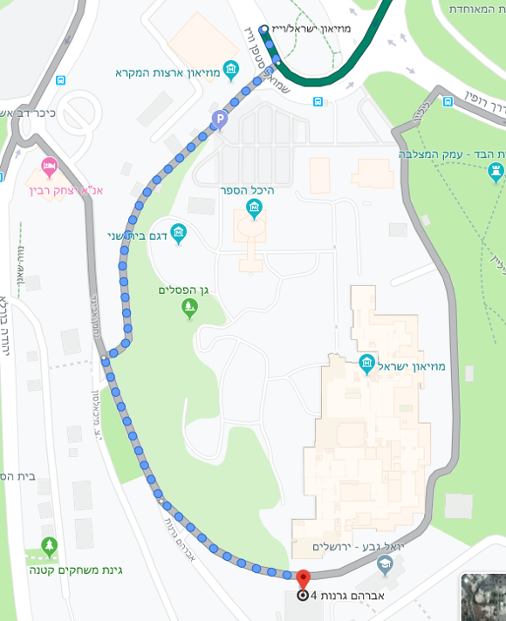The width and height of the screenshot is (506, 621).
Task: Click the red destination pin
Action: click(x=303, y=577)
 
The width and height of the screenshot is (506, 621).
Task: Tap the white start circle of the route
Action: click(x=263, y=29)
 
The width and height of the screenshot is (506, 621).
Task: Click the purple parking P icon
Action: click(x=219, y=119)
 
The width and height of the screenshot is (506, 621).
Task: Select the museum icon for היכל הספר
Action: click(x=254, y=207)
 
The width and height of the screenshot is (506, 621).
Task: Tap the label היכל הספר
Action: click(x=254, y=189)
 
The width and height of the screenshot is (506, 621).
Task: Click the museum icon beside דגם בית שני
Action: click(x=179, y=232)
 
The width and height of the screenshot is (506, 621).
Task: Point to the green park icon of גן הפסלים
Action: click(x=189, y=307)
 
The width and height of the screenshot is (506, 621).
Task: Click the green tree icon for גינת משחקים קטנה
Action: click(x=49, y=546)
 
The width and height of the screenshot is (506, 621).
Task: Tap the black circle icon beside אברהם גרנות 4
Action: click(x=302, y=597)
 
